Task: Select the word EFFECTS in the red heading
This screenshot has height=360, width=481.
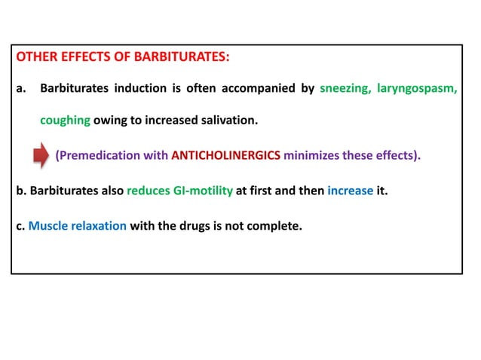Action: coord(84,56)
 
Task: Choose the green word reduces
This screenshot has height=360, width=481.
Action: coord(149,191)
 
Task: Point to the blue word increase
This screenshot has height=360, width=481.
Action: coord(350,191)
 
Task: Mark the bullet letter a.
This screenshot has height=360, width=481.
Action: coord(19,90)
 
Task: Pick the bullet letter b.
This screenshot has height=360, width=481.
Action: coord(19,191)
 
